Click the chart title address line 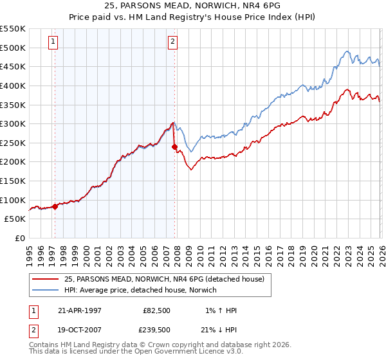[192, 6]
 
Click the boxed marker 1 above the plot [53, 42]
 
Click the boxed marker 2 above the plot [173, 42]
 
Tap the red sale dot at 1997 [55, 206]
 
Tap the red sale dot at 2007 [174, 147]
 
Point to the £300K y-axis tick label [13, 123]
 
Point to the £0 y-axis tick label [19, 238]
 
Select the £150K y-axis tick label [13, 181]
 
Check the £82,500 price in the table [156, 310]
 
